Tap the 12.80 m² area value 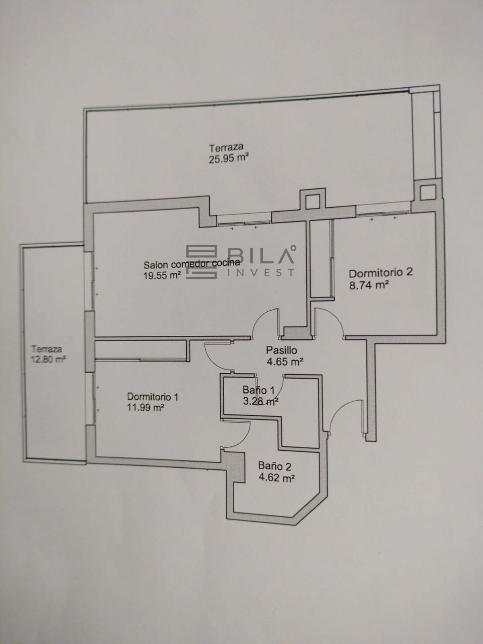pos(48,359)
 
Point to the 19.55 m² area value pos(161,275)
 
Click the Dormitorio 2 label pos(381,272)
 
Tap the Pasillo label pos(281,350)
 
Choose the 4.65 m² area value pos(285,362)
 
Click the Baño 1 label pos(259,390)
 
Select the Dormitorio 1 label pos(153,397)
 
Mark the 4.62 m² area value pos(277,478)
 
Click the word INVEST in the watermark pos(261,272)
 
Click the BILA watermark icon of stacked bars pos(202,262)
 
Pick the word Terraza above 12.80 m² pos(47,349)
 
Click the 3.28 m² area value pos(260,401)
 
